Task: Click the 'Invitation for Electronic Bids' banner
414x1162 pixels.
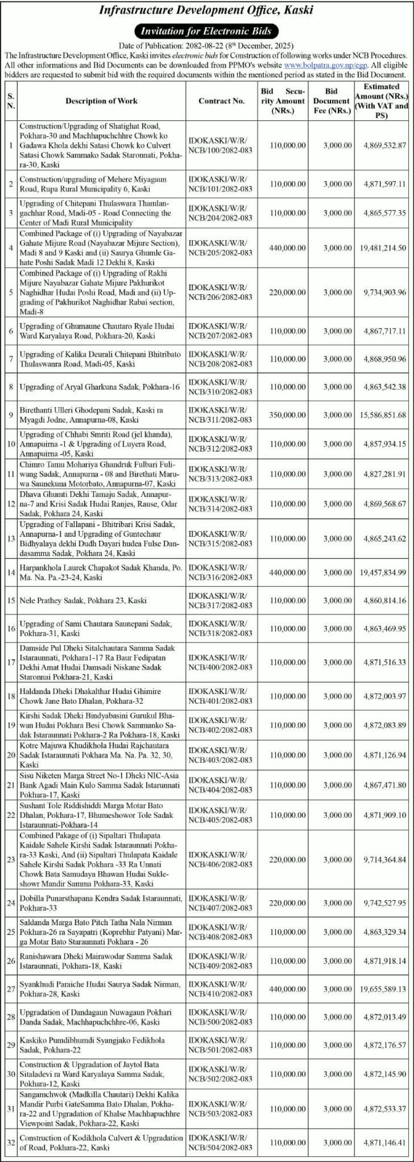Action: (x=206, y=31)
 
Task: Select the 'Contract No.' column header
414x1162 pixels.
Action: (x=221, y=101)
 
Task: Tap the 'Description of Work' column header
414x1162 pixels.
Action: (x=101, y=101)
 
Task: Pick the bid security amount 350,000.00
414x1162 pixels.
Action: (x=288, y=415)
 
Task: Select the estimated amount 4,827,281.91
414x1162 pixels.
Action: (x=384, y=474)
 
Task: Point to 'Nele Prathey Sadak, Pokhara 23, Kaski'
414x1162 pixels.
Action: (x=83, y=600)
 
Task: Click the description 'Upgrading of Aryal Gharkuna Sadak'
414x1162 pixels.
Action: (x=100, y=387)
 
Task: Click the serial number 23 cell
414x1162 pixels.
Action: (x=11, y=860)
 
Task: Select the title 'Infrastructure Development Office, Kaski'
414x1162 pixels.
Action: (x=206, y=11)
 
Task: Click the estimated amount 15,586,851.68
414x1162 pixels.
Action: (x=383, y=415)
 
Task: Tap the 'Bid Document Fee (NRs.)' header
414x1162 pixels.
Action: (x=332, y=101)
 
